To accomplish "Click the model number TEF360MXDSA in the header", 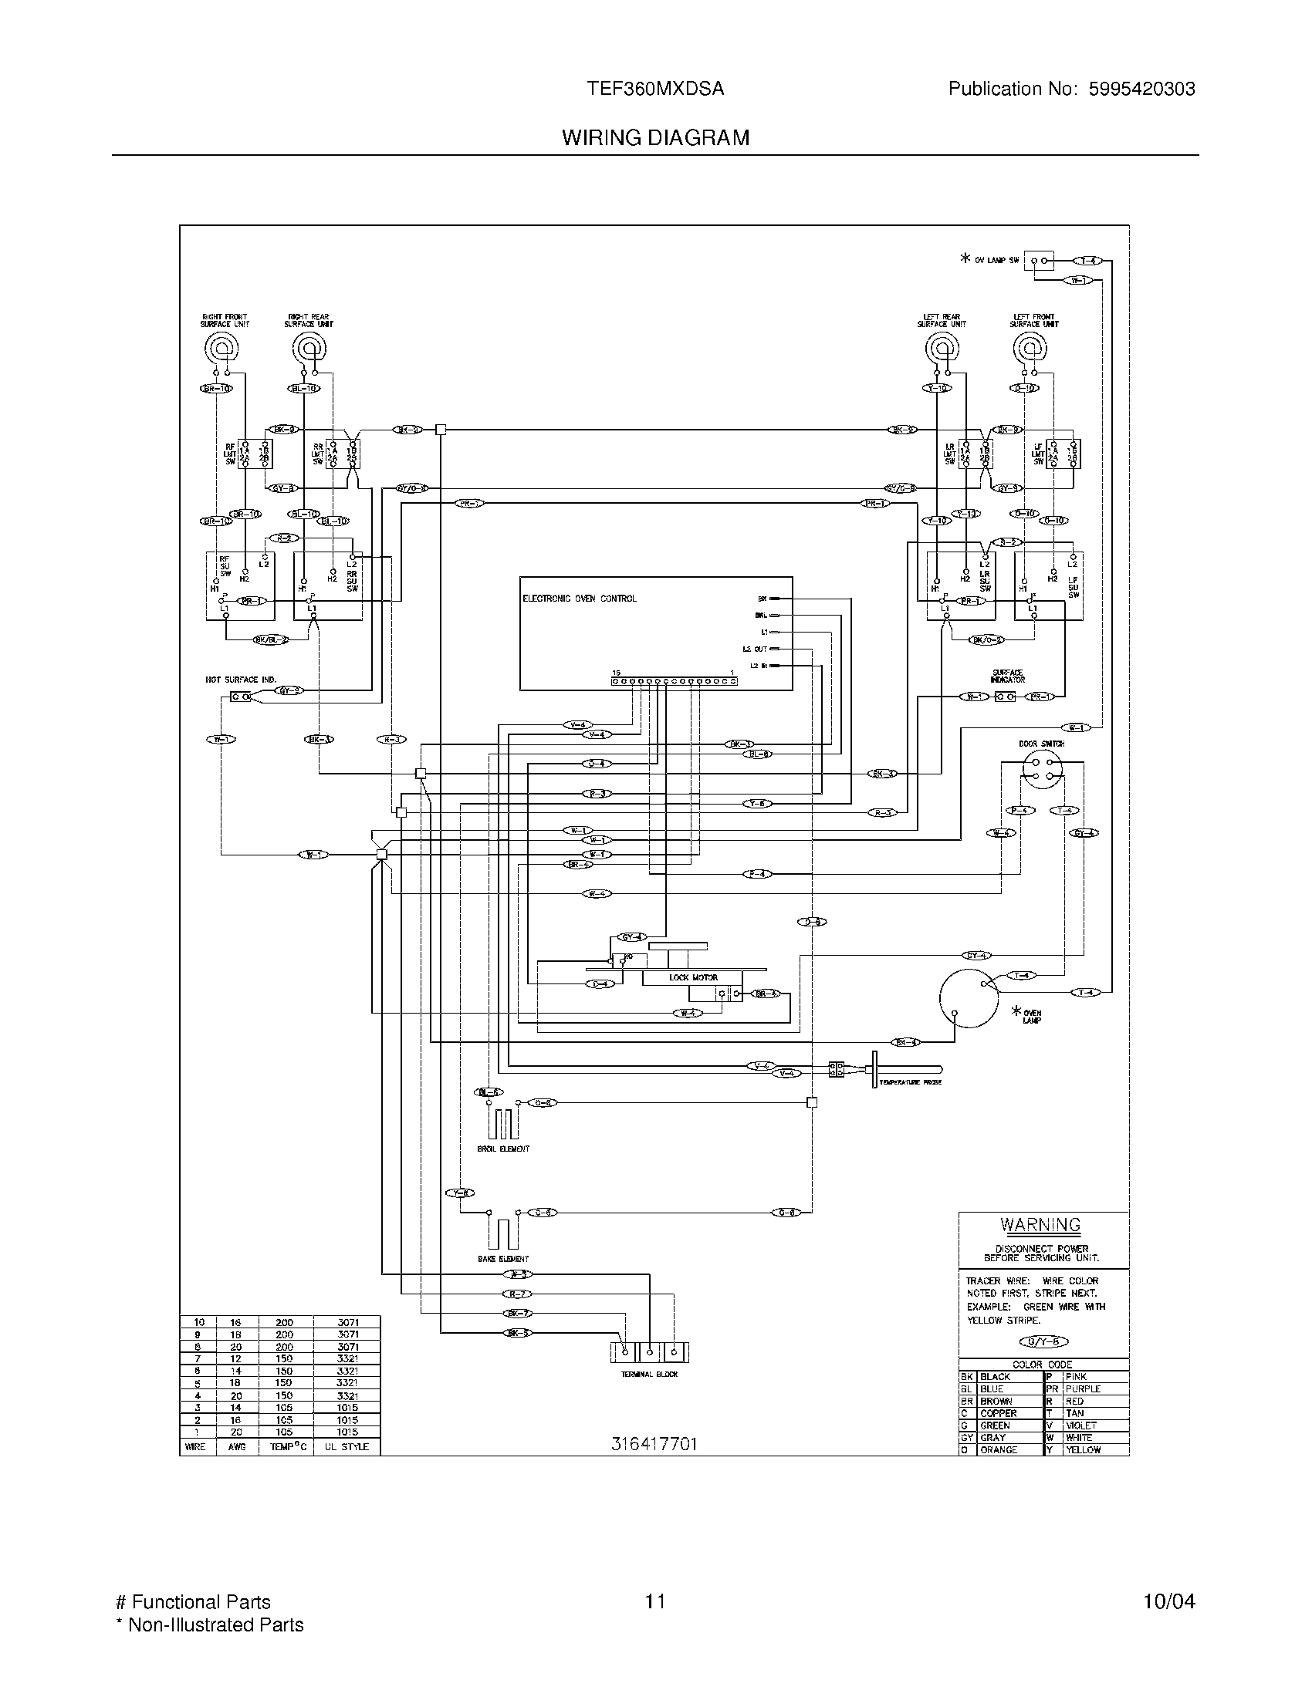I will [655, 89].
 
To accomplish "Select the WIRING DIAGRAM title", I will [655, 137].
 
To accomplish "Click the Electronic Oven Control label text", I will [579, 599].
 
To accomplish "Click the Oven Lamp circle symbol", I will [968, 998].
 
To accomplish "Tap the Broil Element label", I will [503, 1149].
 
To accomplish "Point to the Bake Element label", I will [503, 1259].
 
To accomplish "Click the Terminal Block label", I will [650, 1375].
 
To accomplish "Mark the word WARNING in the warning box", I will [1040, 1226].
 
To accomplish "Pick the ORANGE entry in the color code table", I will [999, 1450].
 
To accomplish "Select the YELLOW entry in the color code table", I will [1083, 1450].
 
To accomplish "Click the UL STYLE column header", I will [347, 1447].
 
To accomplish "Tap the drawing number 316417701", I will [654, 1444].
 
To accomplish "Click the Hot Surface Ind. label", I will [240, 680].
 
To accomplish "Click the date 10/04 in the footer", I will [1168, 1602].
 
